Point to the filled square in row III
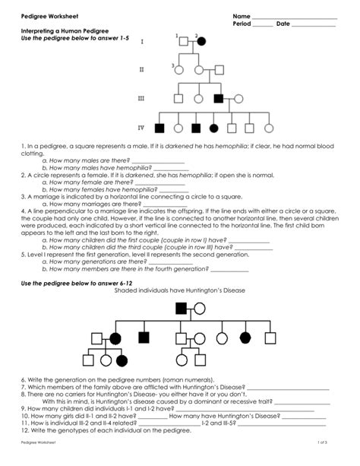(219, 98)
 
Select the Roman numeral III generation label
(141, 99)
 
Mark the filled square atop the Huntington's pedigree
(182, 308)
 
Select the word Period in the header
(243, 24)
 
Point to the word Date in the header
(283, 24)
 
